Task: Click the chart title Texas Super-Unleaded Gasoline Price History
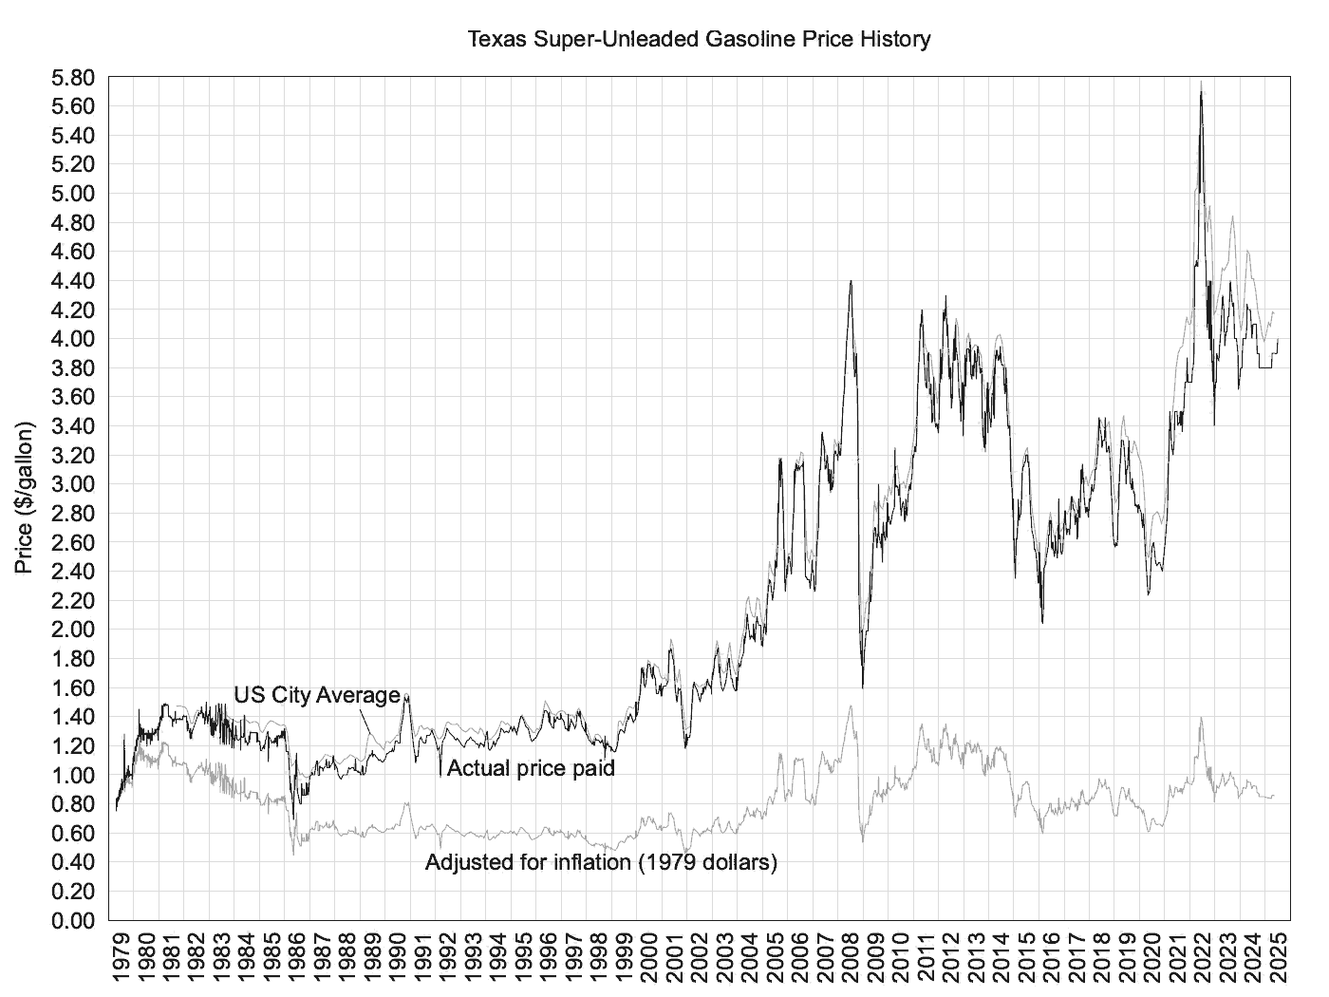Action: pyautogui.click(x=699, y=40)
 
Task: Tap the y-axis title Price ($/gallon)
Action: pyautogui.click(x=25, y=498)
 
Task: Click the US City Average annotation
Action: pyautogui.click(x=317, y=695)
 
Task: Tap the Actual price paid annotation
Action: pyautogui.click(x=531, y=768)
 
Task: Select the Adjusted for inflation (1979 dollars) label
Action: pyautogui.click(x=601, y=863)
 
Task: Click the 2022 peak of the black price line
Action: pyautogui.click(x=1201, y=92)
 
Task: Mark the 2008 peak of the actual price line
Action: pyautogui.click(x=851, y=281)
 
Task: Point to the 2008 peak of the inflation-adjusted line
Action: pyautogui.click(x=851, y=705)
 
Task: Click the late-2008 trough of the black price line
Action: pyautogui.click(x=862, y=686)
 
